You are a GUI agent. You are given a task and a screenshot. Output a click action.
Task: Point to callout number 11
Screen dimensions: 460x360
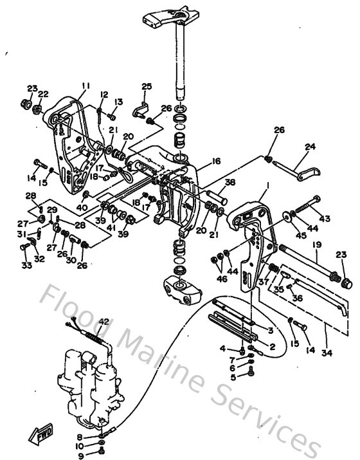[86, 86]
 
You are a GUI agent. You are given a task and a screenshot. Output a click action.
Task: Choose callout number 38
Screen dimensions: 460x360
[230, 182]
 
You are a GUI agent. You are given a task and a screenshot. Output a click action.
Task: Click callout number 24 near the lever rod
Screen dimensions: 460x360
[310, 147]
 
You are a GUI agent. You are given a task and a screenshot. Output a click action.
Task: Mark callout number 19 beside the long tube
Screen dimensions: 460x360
[316, 244]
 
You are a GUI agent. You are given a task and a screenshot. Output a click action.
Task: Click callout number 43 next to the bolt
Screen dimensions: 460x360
[324, 219]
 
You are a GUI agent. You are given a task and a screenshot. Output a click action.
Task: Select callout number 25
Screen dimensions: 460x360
[147, 86]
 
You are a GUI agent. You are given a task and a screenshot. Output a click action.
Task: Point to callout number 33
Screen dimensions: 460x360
[26, 264]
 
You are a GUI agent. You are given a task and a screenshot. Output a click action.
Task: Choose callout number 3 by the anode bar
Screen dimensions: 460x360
[271, 330]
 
